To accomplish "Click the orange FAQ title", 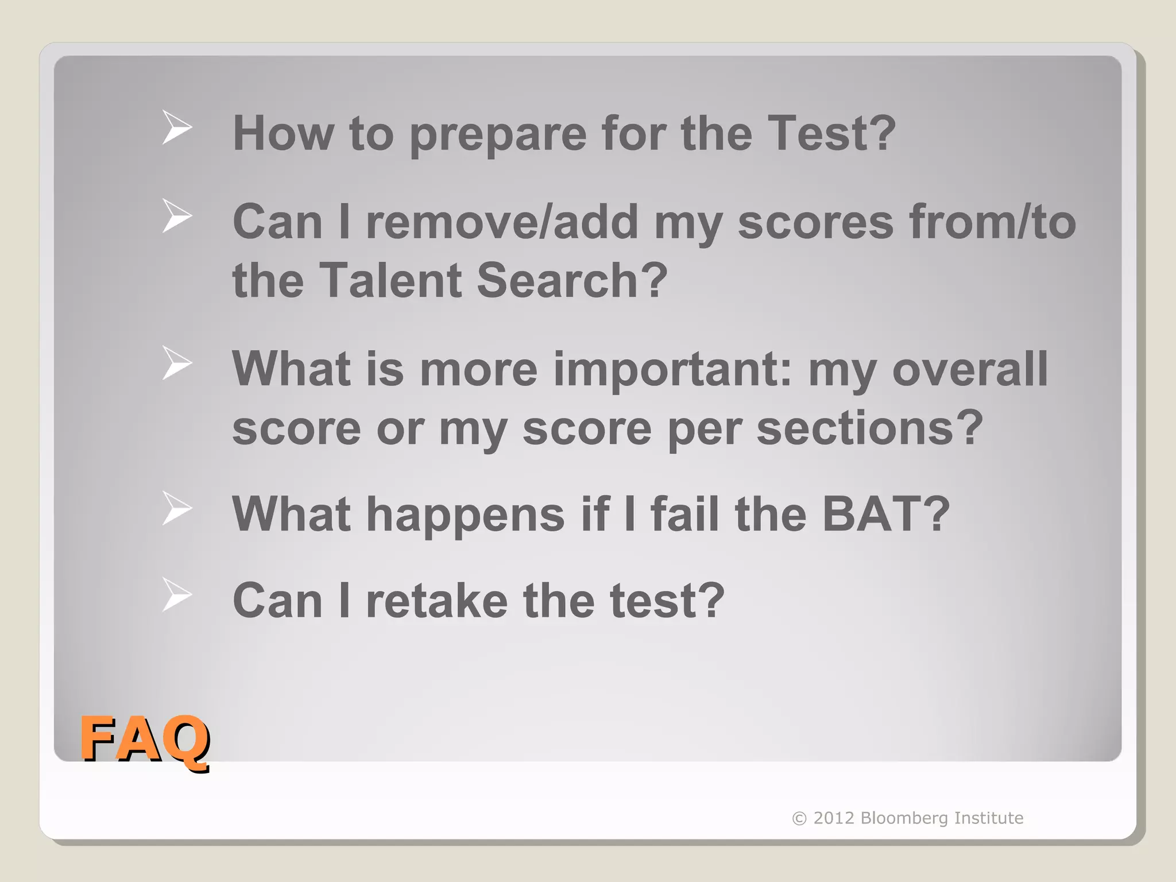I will tap(144, 739).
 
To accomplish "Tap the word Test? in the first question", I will tap(831, 133).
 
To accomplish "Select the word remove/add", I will tap(502, 222).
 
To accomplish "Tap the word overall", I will tap(970, 369).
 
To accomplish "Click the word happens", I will tap(466, 515).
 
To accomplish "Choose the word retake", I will tap(437, 601).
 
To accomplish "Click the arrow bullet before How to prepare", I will tap(176, 127).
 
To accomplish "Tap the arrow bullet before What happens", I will tap(176, 508).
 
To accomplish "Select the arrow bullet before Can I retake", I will tap(176, 595).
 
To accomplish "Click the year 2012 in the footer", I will tap(834, 818).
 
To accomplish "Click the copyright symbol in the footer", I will tap(799, 818).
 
